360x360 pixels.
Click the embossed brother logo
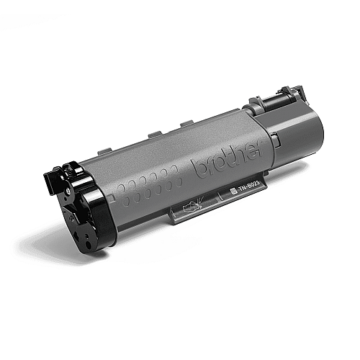pyautogui.click(x=228, y=161)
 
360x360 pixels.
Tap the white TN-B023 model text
pyautogui.click(x=247, y=189)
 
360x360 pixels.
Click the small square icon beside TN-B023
pyautogui.click(x=233, y=192)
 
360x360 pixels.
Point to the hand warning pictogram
pyautogui.click(x=193, y=204)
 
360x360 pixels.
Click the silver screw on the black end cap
pyautogui.click(x=68, y=191)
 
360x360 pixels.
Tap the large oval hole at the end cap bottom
pyautogui.click(x=88, y=245)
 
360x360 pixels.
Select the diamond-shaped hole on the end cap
pyautogui.click(x=76, y=234)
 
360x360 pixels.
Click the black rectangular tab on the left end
pyautogui.click(x=49, y=182)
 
